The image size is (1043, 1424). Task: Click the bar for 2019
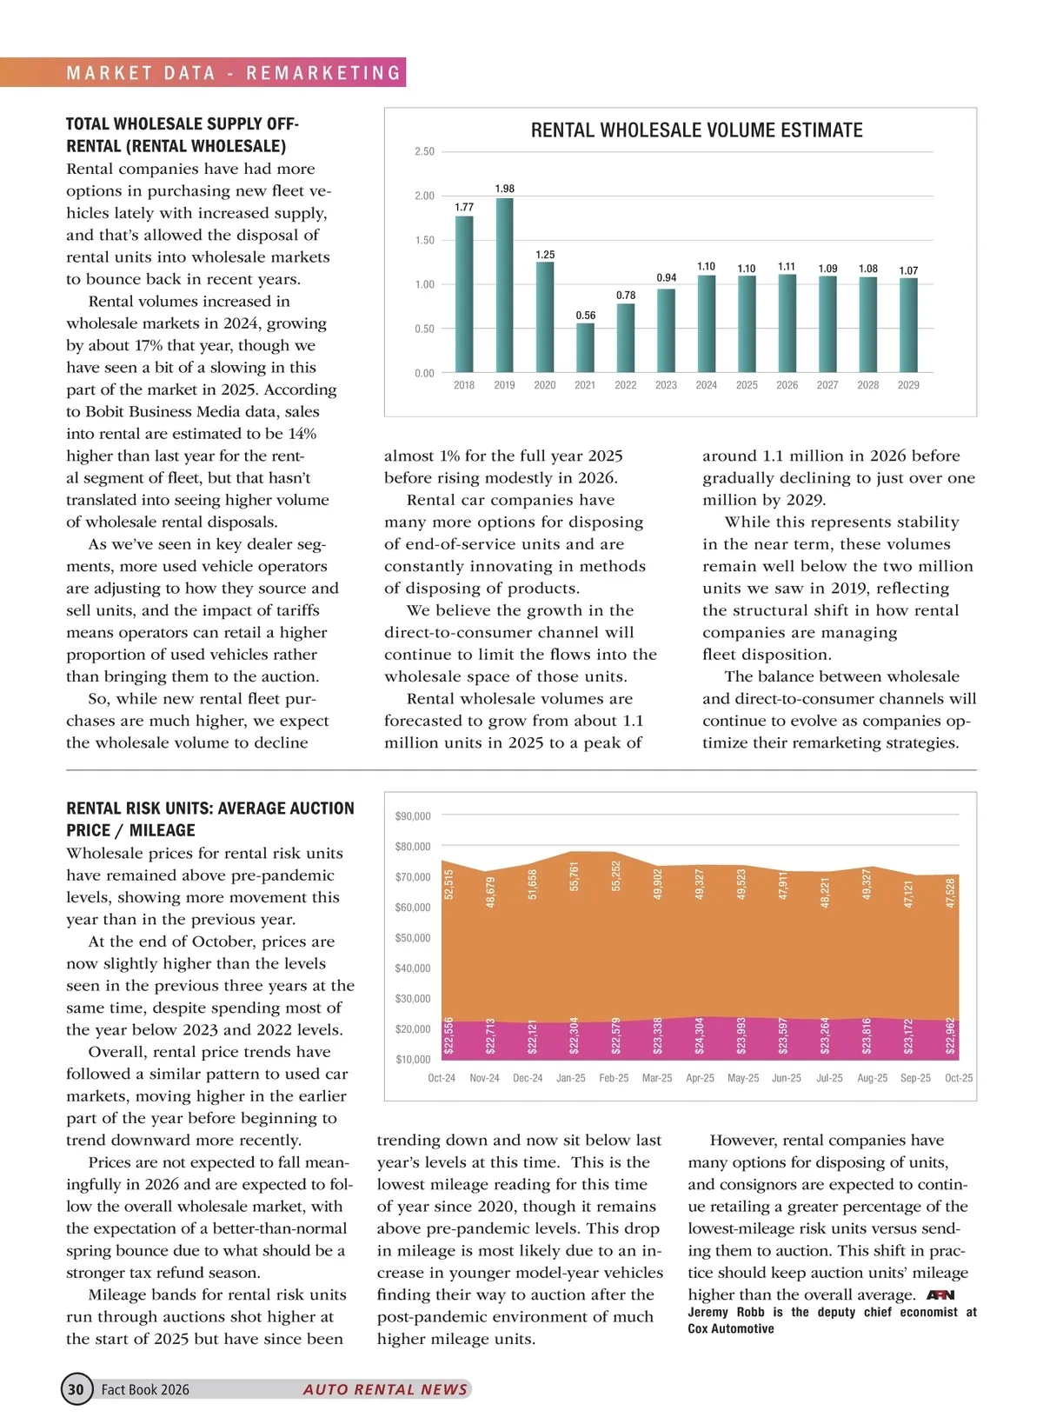(504, 285)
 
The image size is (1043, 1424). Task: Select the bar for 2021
(585, 348)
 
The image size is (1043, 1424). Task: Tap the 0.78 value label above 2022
(626, 296)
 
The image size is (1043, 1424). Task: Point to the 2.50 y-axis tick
(424, 152)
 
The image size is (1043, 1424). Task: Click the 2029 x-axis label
(908, 385)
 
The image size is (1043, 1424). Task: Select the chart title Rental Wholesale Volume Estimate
(696, 130)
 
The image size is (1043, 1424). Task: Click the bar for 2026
(787, 323)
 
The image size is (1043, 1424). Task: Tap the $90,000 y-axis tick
(413, 816)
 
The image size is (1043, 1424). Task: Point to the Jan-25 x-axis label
(570, 1078)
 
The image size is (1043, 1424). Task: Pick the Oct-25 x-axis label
(958, 1078)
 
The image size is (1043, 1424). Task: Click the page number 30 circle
(76, 1389)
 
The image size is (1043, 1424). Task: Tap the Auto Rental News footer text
(385, 1389)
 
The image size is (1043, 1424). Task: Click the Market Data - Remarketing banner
(234, 73)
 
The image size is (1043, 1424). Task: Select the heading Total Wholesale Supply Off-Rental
(183, 135)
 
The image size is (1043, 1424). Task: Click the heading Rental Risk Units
(209, 819)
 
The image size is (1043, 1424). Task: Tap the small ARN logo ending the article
(940, 1295)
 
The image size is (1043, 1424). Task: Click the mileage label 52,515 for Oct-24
(448, 883)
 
